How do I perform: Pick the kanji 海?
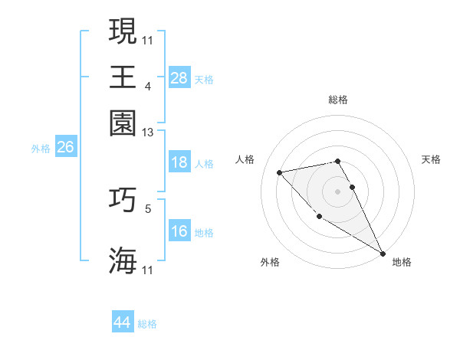[123, 260]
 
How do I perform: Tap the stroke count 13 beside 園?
[148, 132]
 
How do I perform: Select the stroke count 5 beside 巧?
[148, 207]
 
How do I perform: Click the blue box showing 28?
[179, 77]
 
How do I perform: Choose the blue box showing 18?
[179, 162]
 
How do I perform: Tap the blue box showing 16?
[179, 231]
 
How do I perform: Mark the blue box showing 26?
[65, 148]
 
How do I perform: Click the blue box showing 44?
[122, 322]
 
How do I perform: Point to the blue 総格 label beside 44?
[147, 324]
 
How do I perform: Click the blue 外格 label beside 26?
[41, 149]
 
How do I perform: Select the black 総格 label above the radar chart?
[337, 100]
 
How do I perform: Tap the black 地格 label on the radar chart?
[402, 262]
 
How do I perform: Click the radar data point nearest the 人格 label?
[281, 172]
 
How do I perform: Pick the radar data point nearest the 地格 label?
[383, 253]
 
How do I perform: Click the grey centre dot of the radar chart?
[337, 191]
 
